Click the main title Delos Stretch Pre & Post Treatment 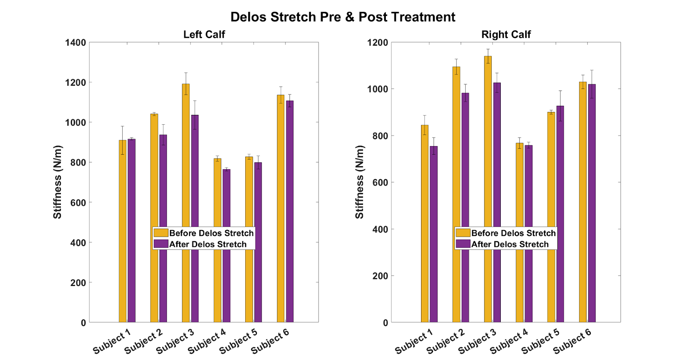click(343, 17)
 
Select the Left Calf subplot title click(204, 34)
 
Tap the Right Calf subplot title click(506, 34)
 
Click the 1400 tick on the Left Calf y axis click(75, 42)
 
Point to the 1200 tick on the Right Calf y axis click(378, 42)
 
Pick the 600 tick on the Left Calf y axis click(78, 203)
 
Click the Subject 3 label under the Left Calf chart click(175, 341)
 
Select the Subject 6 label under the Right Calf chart click(572, 341)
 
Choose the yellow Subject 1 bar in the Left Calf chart click(123, 231)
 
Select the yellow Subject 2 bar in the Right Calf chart click(456, 193)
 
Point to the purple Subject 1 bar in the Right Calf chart click(434, 236)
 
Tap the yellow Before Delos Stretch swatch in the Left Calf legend click(161, 233)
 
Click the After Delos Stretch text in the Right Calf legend click(510, 244)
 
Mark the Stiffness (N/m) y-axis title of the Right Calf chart click(359, 182)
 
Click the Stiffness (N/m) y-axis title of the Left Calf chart click(57, 182)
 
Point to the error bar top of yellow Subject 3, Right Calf click(488, 49)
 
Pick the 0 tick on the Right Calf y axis click(385, 323)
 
